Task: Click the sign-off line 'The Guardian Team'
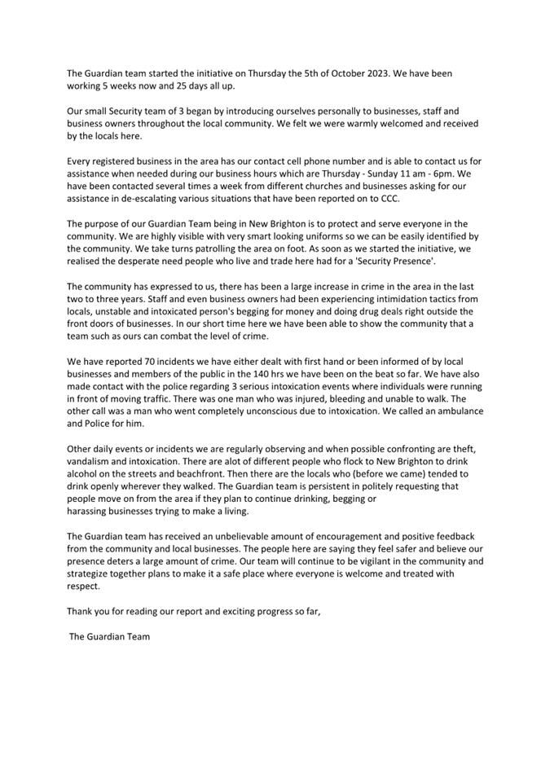(x=110, y=636)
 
